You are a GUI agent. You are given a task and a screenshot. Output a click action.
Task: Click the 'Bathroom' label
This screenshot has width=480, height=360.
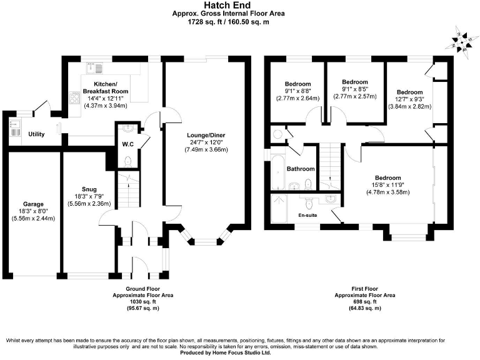point(300,169)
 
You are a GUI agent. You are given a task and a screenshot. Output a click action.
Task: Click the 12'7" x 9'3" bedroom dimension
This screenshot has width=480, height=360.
point(409,99)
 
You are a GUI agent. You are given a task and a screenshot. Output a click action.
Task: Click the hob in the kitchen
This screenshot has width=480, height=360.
point(74,98)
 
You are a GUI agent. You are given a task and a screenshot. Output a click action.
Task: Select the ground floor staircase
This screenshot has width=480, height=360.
point(128,191)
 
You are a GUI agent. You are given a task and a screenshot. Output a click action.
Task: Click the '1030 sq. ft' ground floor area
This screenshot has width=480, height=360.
point(142,301)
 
